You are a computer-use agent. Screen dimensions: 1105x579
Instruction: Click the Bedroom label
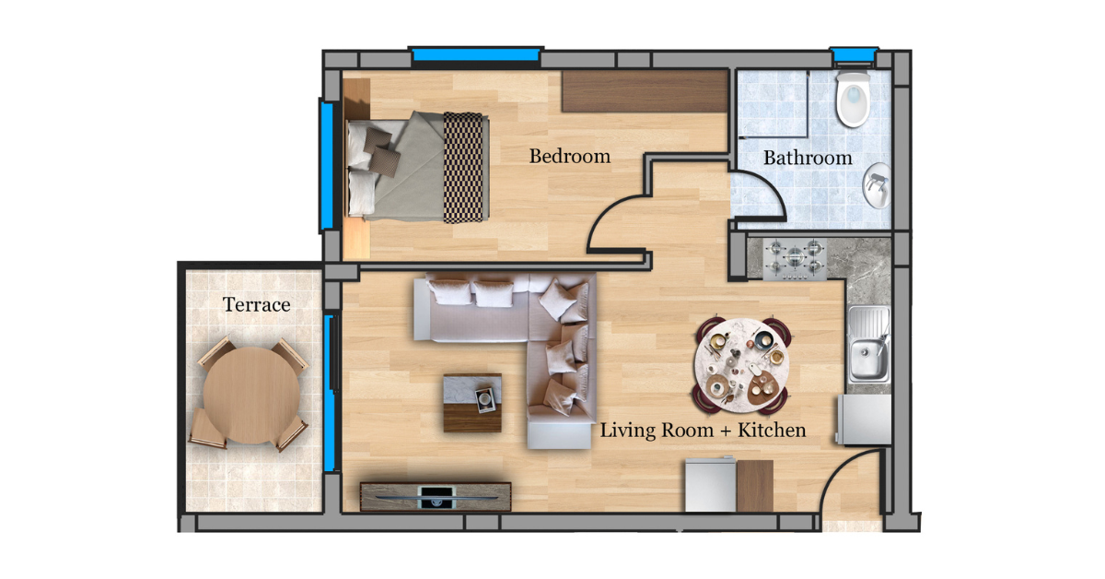(x=570, y=156)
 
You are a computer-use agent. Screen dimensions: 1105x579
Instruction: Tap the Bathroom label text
(x=808, y=158)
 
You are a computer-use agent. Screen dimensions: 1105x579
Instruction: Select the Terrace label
(x=257, y=304)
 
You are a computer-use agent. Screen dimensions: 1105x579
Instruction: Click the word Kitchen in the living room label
(x=772, y=430)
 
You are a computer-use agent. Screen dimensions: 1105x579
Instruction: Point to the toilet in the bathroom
(x=853, y=99)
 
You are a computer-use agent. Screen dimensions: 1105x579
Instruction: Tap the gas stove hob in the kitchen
(x=795, y=259)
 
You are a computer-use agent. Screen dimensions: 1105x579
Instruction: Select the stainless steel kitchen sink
(x=868, y=344)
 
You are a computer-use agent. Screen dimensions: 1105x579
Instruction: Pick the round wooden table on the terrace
(x=251, y=396)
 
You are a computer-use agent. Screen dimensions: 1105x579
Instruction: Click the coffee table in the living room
(x=472, y=403)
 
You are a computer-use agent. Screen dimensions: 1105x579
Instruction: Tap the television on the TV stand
(x=436, y=497)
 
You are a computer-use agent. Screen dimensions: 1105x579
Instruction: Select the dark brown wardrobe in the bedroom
(x=646, y=91)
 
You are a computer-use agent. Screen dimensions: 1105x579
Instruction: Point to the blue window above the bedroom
(x=475, y=53)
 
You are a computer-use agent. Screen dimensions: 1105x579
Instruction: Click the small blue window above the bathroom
(x=854, y=55)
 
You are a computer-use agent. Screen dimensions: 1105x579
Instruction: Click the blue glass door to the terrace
(x=330, y=393)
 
